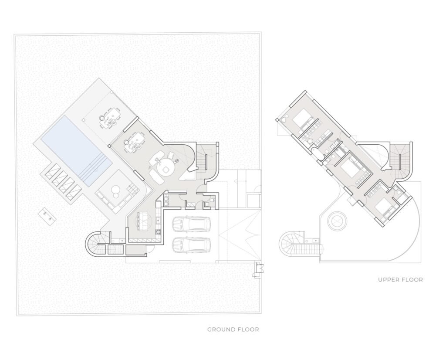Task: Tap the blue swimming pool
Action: point(76,150)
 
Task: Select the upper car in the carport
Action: point(191,224)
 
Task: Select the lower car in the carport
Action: point(191,245)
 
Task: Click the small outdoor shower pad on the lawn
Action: point(47,215)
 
